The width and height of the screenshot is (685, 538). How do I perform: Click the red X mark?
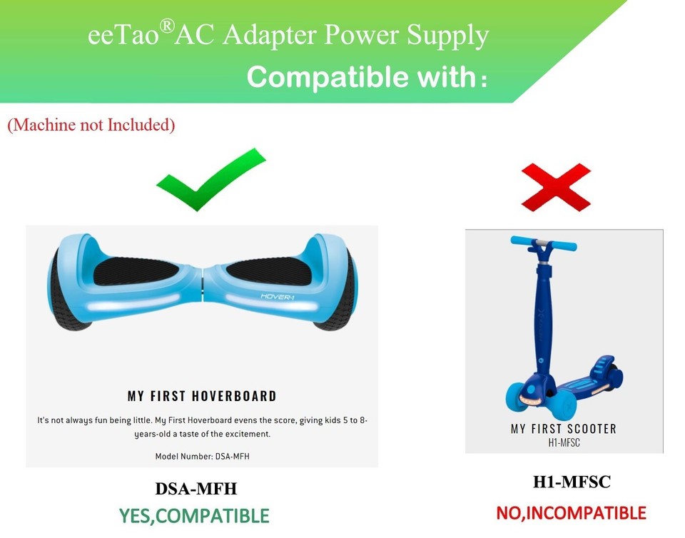(x=556, y=187)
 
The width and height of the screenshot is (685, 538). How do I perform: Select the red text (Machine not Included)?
(x=91, y=125)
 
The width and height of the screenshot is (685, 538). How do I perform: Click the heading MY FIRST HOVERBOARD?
(x=202, y=396)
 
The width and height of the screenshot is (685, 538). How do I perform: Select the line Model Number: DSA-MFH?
(x=202, y=456)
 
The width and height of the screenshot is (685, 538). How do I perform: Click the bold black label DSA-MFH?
(x=196, y=489)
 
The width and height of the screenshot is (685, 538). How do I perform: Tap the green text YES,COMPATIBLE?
(x=194, y=515)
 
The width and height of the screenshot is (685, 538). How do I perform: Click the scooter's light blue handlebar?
(x=544, y=244)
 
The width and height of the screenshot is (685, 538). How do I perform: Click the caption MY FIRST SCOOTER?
(x=564, y=429)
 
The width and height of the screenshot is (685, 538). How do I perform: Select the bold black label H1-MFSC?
(x=572, y=482)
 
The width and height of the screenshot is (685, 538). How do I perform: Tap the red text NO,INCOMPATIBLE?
(x=571, y=512)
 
